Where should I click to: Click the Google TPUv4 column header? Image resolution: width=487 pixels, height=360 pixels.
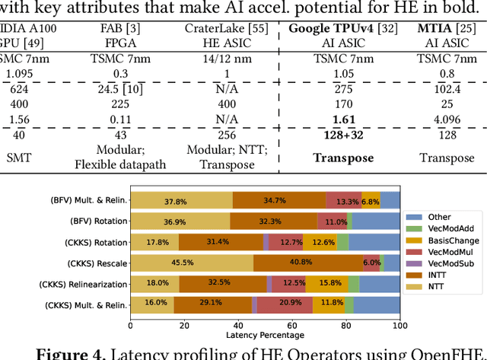pyautogui.click(x=333, y=28)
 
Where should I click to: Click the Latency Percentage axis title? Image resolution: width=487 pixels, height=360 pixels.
pyautogui.click(x=265, y=335)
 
